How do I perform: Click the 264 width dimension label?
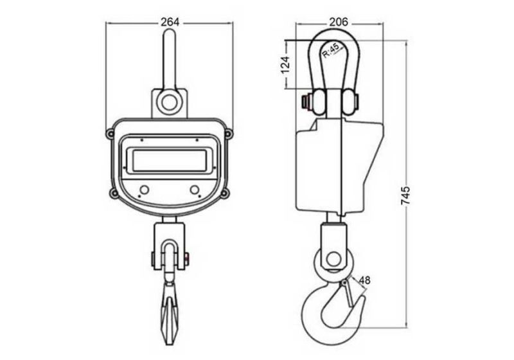coord(170,22)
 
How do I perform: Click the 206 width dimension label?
coord(338,22)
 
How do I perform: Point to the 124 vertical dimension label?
coord(287,67)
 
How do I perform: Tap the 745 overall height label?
coord(404,196)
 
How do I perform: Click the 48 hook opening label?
coord(364,280)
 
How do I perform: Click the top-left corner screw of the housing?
coord(111,133)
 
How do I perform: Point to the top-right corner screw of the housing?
coord(228,133)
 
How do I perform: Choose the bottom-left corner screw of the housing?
coord(114,193)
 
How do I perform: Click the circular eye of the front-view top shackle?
coord(170,102)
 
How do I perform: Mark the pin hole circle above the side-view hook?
coord(332,259)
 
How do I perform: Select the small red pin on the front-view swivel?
coord(186,258)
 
